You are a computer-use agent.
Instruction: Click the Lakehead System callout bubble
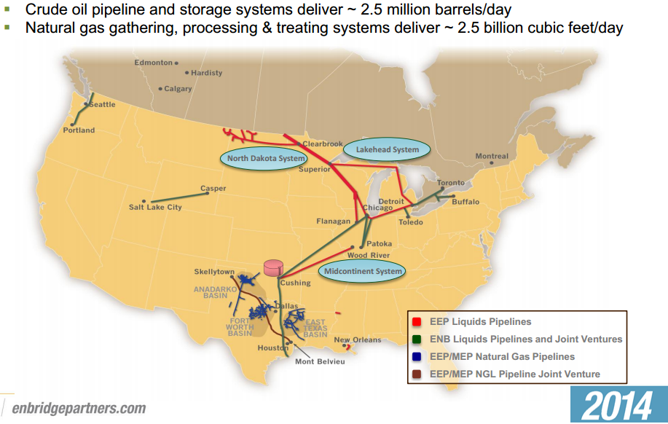click(387, 150)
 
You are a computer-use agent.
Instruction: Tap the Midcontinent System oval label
click(363, 272)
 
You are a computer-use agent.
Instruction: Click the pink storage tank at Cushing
click(273, 267)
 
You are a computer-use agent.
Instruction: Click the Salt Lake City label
click(155, 208)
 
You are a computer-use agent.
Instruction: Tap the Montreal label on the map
click(492, 157)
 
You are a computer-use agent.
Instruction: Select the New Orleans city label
click(357, 340)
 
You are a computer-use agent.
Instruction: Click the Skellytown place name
click(213, 272)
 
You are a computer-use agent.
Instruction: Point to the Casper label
click(213, 189)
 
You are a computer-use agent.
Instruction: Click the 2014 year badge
click(618, 405)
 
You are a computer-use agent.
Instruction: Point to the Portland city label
click(79, 130)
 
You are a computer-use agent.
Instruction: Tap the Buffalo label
click(466, 201)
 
